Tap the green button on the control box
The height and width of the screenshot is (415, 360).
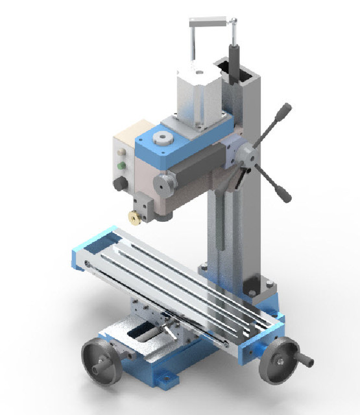[x=121, y=165]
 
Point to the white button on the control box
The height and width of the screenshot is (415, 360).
[x=121, y=154]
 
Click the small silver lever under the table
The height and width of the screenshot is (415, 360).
[x=170, y=330]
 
